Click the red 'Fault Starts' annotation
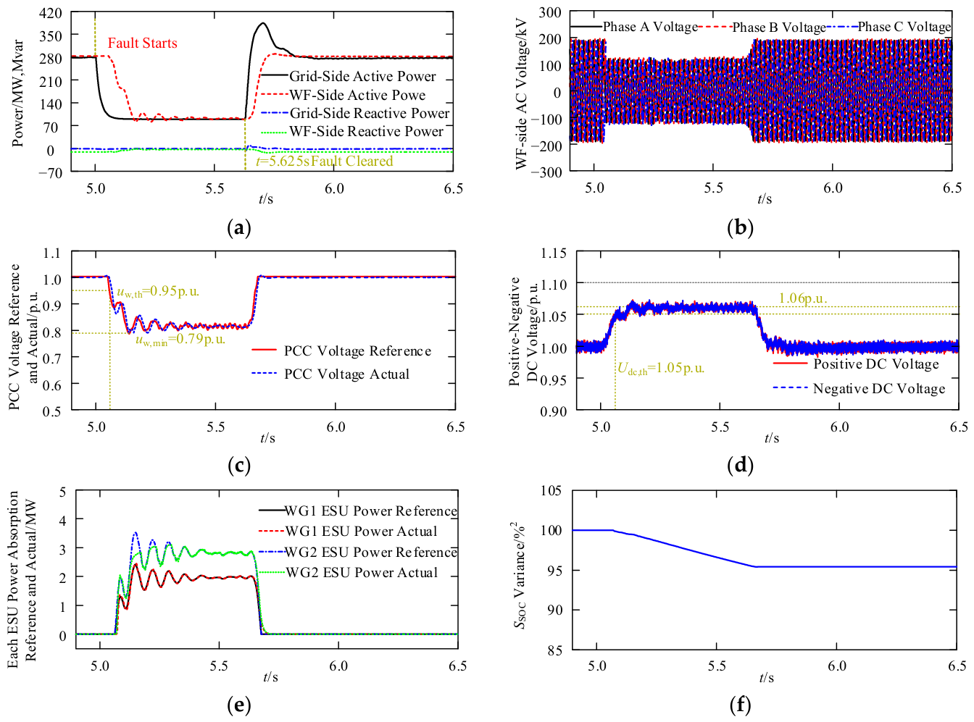[x=142, y=43]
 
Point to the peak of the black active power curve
[x=263, y=23]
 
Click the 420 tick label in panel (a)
[x=51, y=13]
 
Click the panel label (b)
[x=740, y=228]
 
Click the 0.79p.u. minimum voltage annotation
[x=180, y=339]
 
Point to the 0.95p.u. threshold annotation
[x=158, y=291]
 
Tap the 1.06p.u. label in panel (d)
[x=802, y=298]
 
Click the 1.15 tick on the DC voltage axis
[x=553, y=253]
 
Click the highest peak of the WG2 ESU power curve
[x=136, y=533]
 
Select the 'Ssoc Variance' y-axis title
[x=520, y=576]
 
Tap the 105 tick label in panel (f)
[x=551, y=490]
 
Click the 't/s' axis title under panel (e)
[x=270, y=677]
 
